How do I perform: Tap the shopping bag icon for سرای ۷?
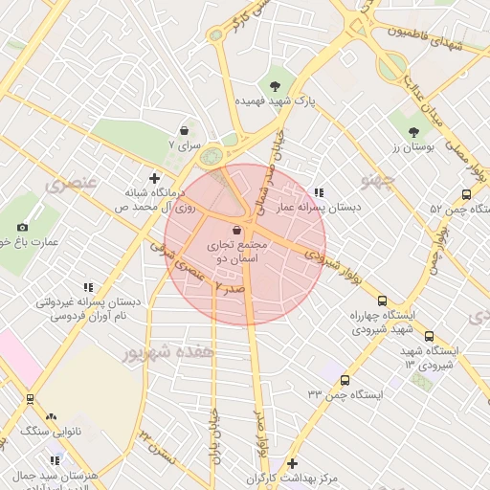tap(183, 129)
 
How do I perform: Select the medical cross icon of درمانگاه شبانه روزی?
tap(154, 177)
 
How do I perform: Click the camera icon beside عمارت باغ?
tap(22, 227)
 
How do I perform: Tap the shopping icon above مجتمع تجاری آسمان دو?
tap(236, 231)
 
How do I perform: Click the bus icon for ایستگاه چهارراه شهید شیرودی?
tap(383, 301)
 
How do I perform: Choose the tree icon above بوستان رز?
tap(413, 133)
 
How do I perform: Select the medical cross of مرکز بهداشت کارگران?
tap(292, 463)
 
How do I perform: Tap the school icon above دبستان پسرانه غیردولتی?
tap(88, 287)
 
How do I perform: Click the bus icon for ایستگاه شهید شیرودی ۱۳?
tap(429, 336)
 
